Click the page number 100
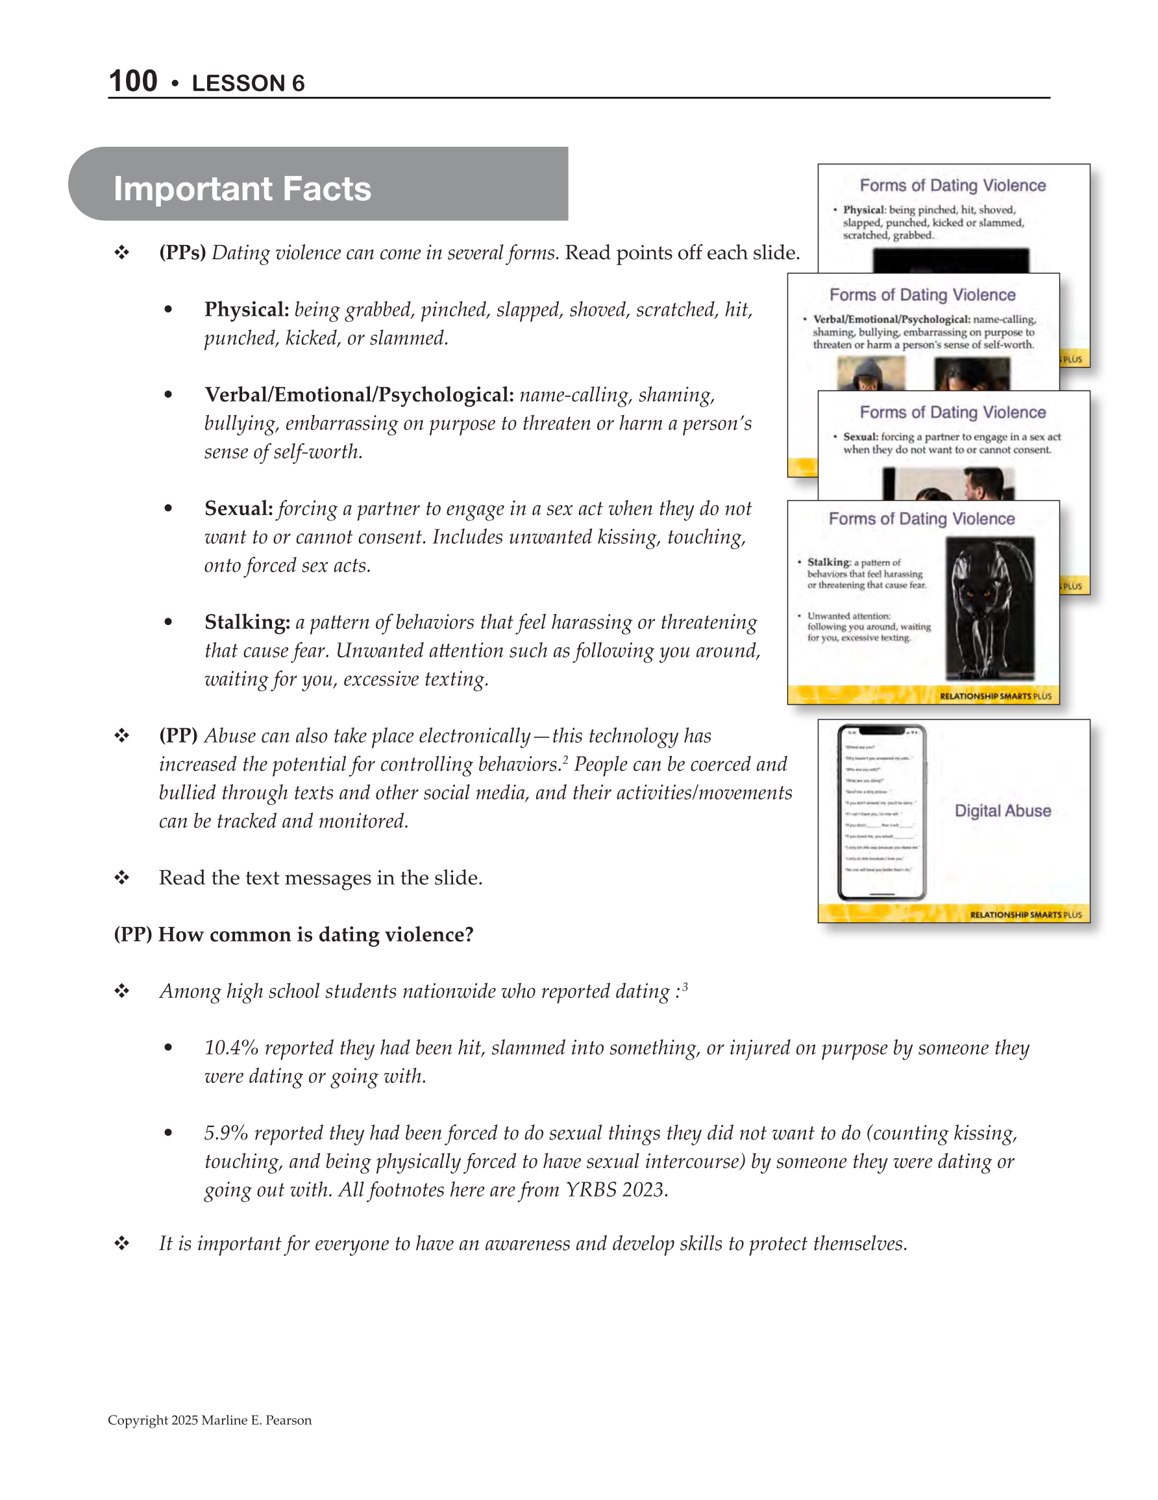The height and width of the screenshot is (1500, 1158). coord(133,81)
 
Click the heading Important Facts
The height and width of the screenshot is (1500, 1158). coord(241,189)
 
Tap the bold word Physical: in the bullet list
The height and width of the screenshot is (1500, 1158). coord(247,310)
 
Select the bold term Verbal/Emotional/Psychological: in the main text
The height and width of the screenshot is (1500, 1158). coord(359,395)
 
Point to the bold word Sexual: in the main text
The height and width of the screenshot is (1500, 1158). coord(238,509)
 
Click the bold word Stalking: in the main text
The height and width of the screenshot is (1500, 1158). coord(247,622)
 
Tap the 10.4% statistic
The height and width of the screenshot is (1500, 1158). coord(230,1048)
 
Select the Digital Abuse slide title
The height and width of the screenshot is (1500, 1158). coord(1002,811)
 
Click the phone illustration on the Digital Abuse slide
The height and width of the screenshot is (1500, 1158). coord(882,813)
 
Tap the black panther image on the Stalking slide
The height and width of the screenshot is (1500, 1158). coord(989,609)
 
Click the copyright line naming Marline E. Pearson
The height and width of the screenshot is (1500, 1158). coord(210,1420)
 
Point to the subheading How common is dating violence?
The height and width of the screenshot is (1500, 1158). coord(315,935)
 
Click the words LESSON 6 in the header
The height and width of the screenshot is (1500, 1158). coord(248,83)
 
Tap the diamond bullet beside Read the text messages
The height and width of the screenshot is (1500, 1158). coord(122,878)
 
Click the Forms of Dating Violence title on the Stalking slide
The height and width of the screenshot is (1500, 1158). coord(921,519)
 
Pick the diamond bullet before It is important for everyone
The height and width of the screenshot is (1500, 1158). coord(122,1244)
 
